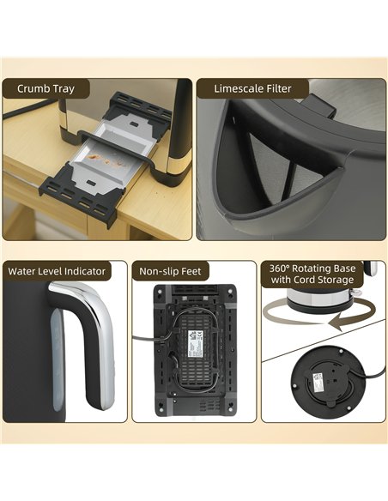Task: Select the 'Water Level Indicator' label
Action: pyautogui.click(x=57, y=271)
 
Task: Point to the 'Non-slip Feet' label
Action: pyautogui.click(x=171, y=271)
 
